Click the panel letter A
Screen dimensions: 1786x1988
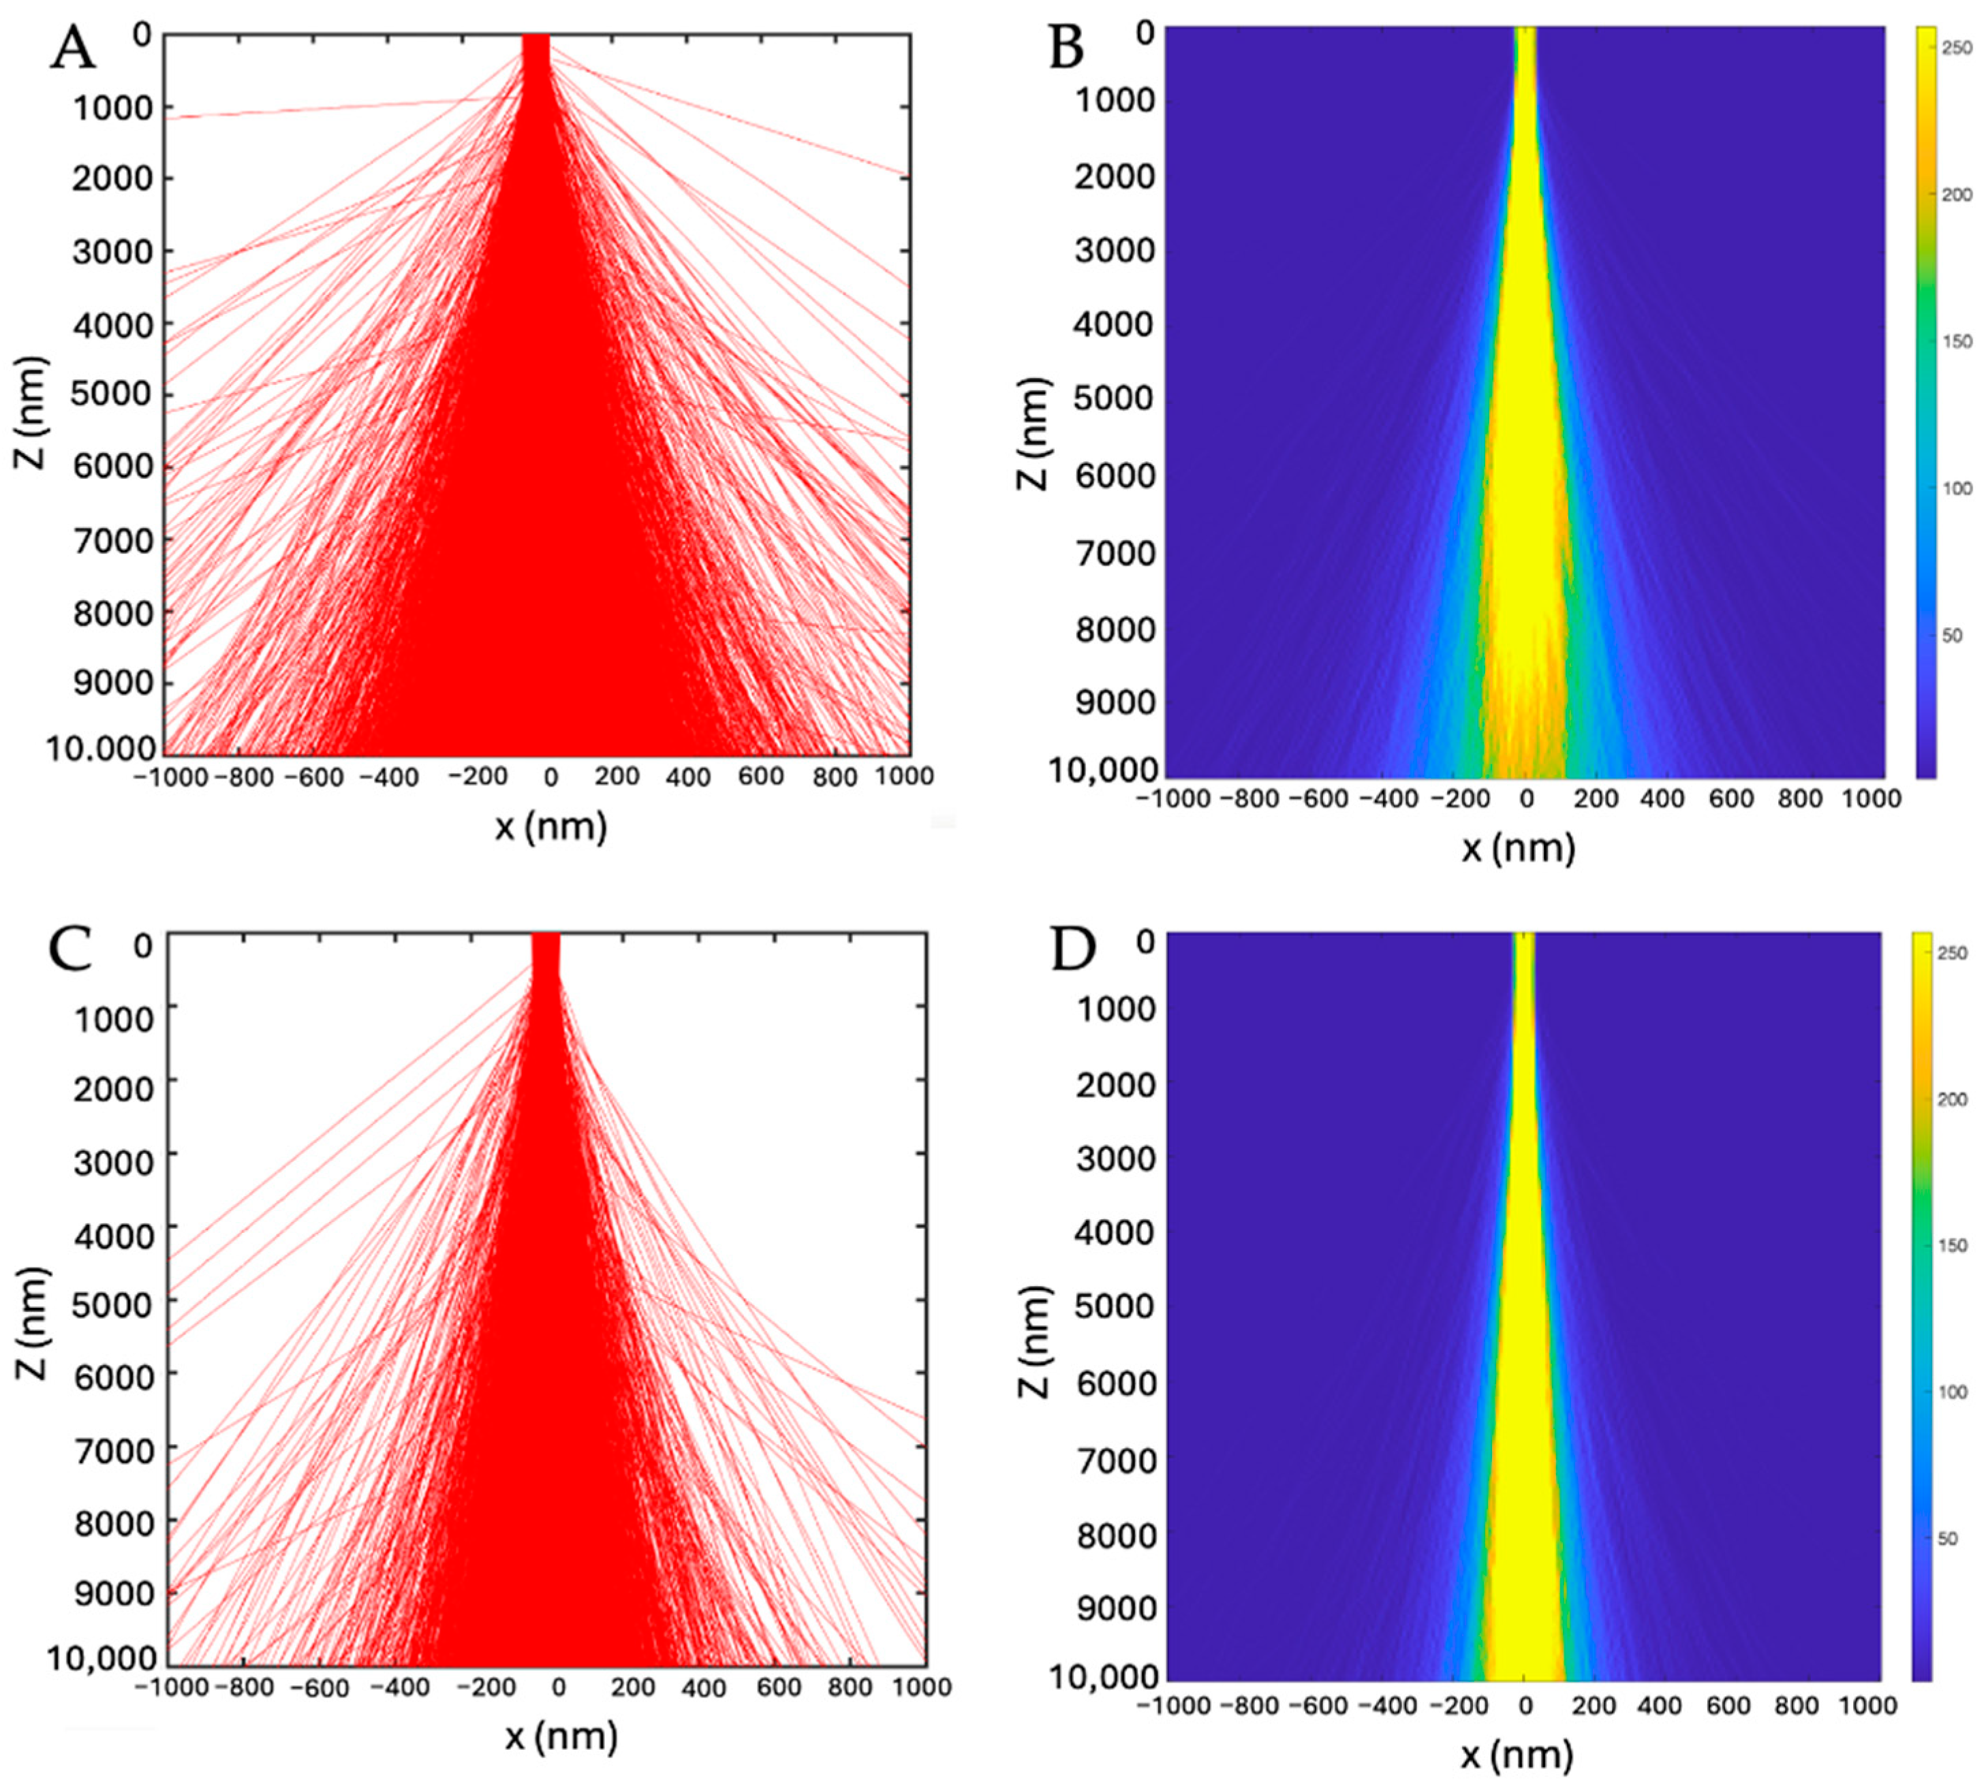[74, 49]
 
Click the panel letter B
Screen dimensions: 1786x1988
[1067, 49]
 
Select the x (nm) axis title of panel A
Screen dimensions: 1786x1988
[550, 827]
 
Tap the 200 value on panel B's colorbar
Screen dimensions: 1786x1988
[1957, 194]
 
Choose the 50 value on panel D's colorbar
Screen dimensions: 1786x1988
[1947, 1538]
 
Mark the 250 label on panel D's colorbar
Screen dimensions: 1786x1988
[1953, 953]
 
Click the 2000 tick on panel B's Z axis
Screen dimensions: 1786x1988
[1115, 176]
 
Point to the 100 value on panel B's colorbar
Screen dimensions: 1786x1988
[1957, 488]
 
